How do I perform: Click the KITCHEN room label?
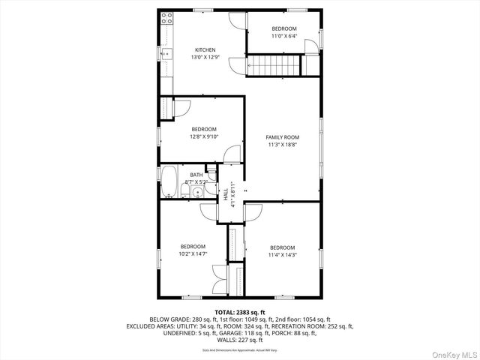click(x=205, y=50)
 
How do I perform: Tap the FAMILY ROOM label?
click(x=283, y=137)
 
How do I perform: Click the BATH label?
click(x=196, y=175)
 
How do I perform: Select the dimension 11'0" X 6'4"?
click(x=284, y=35)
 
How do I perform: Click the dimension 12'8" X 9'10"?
click(x=203, y=136)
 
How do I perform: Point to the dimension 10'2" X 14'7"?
click(x=192, y=254)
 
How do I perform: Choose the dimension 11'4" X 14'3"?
click(x=283, y=255)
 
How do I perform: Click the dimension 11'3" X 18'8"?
click(x=283, y=145)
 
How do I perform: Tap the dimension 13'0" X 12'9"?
click(x=205, y=58)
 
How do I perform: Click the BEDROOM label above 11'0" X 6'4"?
click(x=284, y=28)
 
